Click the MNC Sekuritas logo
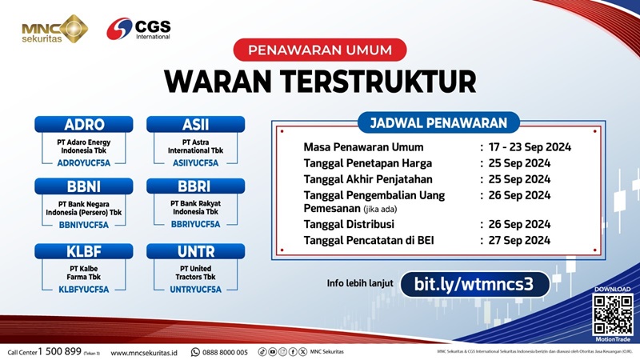click(54, 29)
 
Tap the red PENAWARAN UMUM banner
click(320, 50)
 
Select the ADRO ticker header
click(84, 125)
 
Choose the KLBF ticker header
click(84, 250)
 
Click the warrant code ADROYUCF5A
click(84, 162)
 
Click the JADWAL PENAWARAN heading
click(438, 122)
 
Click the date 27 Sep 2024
click(520, 240)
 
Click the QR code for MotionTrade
click(612, 314)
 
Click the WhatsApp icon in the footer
click(195, 352)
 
